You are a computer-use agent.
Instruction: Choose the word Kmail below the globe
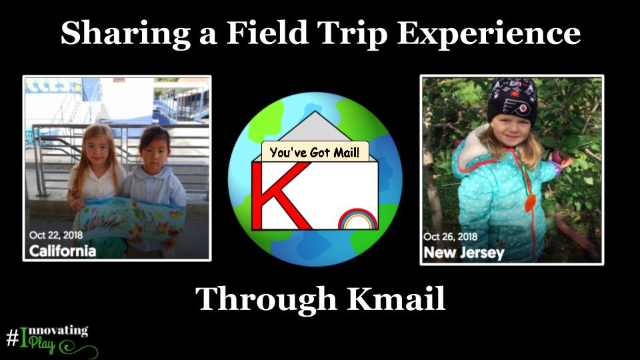coord(396,299)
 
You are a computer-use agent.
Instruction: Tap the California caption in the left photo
coord(63,251)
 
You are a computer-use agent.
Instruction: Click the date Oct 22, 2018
coord(56,235)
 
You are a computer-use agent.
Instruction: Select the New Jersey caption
coord(464,253)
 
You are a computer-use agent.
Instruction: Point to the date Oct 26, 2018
coord(450,237)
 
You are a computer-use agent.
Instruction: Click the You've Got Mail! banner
coord(315,152)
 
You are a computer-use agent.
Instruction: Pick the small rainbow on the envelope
coord(357,219)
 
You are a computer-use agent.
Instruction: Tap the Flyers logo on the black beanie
coord(515,107)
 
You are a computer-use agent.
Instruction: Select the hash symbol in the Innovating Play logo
coord(12,337)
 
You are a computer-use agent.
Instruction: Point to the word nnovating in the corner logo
coord(59,331)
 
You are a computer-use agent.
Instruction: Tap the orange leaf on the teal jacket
coord(530,203)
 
